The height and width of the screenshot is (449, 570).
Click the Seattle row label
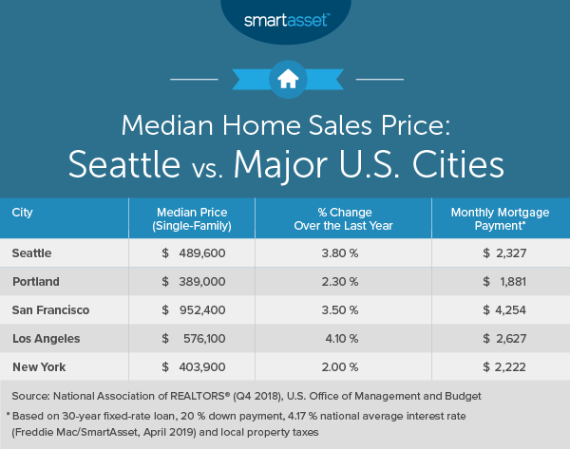32,253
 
